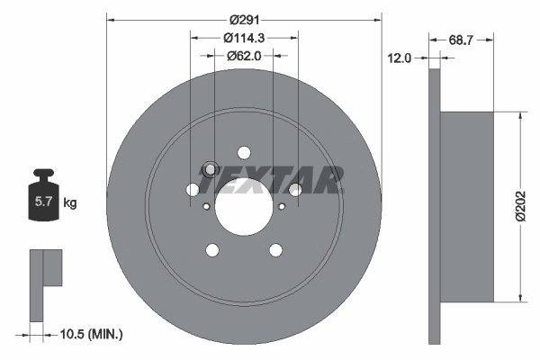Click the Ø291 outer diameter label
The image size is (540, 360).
coord(244,19)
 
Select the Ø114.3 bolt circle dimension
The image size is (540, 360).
coord(243,38)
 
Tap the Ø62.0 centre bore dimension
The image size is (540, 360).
coord(243,55)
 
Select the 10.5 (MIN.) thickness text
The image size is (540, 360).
coord(90,334)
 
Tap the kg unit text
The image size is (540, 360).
coord(70,203)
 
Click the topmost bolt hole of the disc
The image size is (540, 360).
coord(244,153)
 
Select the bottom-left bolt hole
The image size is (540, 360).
coord(212,249)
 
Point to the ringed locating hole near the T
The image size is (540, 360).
coord(211,168)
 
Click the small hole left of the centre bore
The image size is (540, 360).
coord(206,206)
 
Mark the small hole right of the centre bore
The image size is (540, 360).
coord(282,206)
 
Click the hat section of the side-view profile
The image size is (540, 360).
coord(467,207)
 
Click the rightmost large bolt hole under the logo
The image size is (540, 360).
coord(294,189)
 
